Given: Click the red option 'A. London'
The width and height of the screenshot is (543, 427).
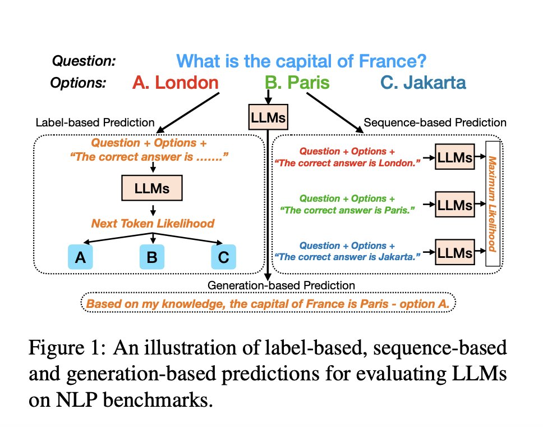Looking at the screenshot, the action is [175, 83].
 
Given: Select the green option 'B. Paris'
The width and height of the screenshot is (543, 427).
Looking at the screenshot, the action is [297, 83].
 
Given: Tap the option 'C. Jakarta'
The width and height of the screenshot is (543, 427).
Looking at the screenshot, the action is [423, 83].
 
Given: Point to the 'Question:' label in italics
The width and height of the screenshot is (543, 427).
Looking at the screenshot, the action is [84, 61].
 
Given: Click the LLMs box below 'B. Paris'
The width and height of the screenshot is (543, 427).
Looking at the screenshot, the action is [268, 117].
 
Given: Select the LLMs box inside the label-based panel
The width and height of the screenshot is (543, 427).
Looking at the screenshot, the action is [152, 188].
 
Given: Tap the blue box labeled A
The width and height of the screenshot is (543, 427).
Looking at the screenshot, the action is [80, 257].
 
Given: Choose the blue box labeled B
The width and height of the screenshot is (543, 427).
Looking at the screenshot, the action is [152, 257].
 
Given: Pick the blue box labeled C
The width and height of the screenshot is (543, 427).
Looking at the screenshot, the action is [224, 257].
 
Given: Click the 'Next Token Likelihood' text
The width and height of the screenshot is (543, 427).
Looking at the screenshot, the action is [153, 224].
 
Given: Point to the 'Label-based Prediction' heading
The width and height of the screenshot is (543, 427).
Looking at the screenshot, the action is [95, 122].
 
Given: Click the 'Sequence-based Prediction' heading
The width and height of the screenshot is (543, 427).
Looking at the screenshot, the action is [435, 122].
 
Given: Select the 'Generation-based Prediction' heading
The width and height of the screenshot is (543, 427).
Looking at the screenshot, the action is [281, 285].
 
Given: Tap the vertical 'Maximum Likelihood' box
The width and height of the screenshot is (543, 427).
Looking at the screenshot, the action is [493, 203].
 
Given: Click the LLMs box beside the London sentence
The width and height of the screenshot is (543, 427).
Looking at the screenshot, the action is [455, 157].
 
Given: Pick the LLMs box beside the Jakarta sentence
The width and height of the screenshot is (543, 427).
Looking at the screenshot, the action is [455, 252].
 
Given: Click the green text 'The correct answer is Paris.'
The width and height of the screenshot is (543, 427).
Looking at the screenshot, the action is [347, 210].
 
